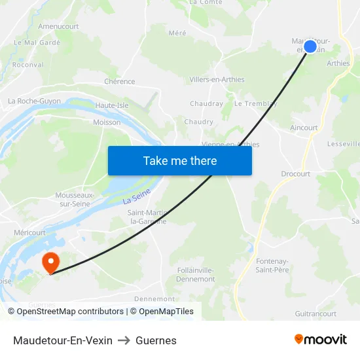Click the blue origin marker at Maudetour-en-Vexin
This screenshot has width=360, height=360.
(310, 46)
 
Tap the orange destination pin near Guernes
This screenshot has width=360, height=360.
(50, 262)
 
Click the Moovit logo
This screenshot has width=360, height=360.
(320, 340)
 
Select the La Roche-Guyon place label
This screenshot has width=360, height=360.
(34, 101)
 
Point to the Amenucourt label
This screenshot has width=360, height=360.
(58, 26)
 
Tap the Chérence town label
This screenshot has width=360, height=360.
(119, 82)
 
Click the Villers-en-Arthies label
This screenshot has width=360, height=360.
(217, 80)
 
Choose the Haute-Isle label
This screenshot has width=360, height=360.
(112, 105)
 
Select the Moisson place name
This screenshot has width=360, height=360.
(107, 122)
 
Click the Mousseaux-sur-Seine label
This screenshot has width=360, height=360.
(75, 200)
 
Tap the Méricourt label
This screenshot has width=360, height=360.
(29, 232)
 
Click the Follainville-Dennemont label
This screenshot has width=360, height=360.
(196, 274)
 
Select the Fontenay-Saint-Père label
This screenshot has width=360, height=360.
(272, 265)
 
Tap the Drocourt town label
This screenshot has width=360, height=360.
(295, 174)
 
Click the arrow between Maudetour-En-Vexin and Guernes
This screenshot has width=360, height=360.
(124, 340)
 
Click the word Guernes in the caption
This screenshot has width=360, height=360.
(156, 340)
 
